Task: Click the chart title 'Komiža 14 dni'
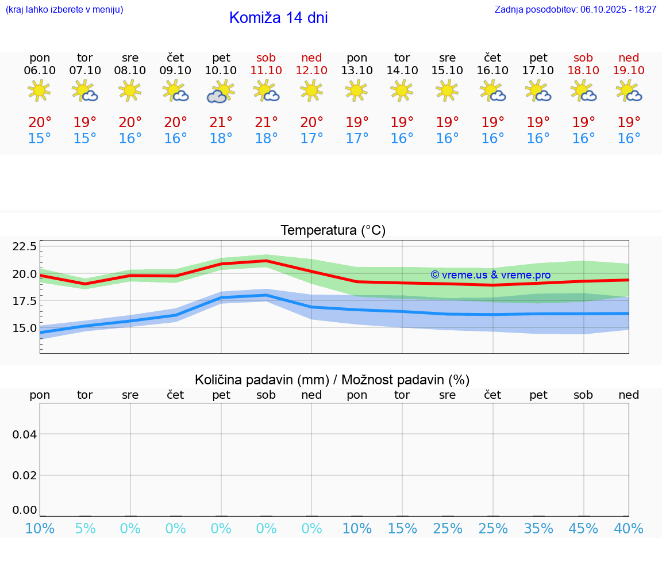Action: (278, 18)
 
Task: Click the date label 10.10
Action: (221, 71)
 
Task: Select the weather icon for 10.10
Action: (221, 91)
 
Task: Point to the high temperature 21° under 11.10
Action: (266, 123)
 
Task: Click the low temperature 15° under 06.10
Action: (40, 139)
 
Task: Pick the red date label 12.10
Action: (311, 71)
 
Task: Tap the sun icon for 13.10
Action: (357, 90)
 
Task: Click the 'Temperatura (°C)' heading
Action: (333, 231)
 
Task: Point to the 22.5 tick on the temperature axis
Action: (25, 246)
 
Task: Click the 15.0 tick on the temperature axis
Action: (25, 328)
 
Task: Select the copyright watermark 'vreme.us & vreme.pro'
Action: (490, 275)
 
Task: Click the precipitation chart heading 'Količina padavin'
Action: (332, 380)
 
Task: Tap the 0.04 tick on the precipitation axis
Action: (25, 434)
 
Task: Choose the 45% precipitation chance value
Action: (583, 529)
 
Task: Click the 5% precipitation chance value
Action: (85, 529)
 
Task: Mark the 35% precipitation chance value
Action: (538, 529)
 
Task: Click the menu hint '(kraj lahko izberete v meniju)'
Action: (64, 10)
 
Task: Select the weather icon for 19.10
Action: (629, 91)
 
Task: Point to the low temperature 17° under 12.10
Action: (311, 139)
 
